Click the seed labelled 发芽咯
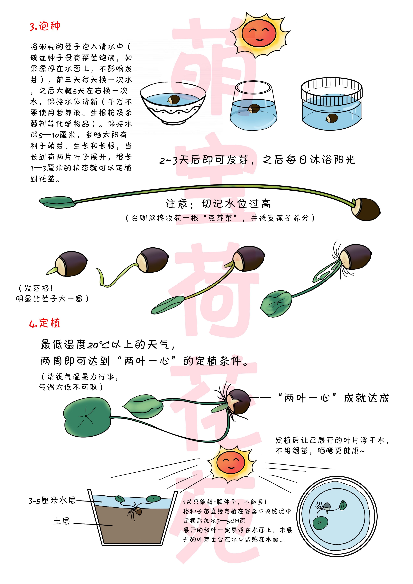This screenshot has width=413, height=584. pos(71,264)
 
